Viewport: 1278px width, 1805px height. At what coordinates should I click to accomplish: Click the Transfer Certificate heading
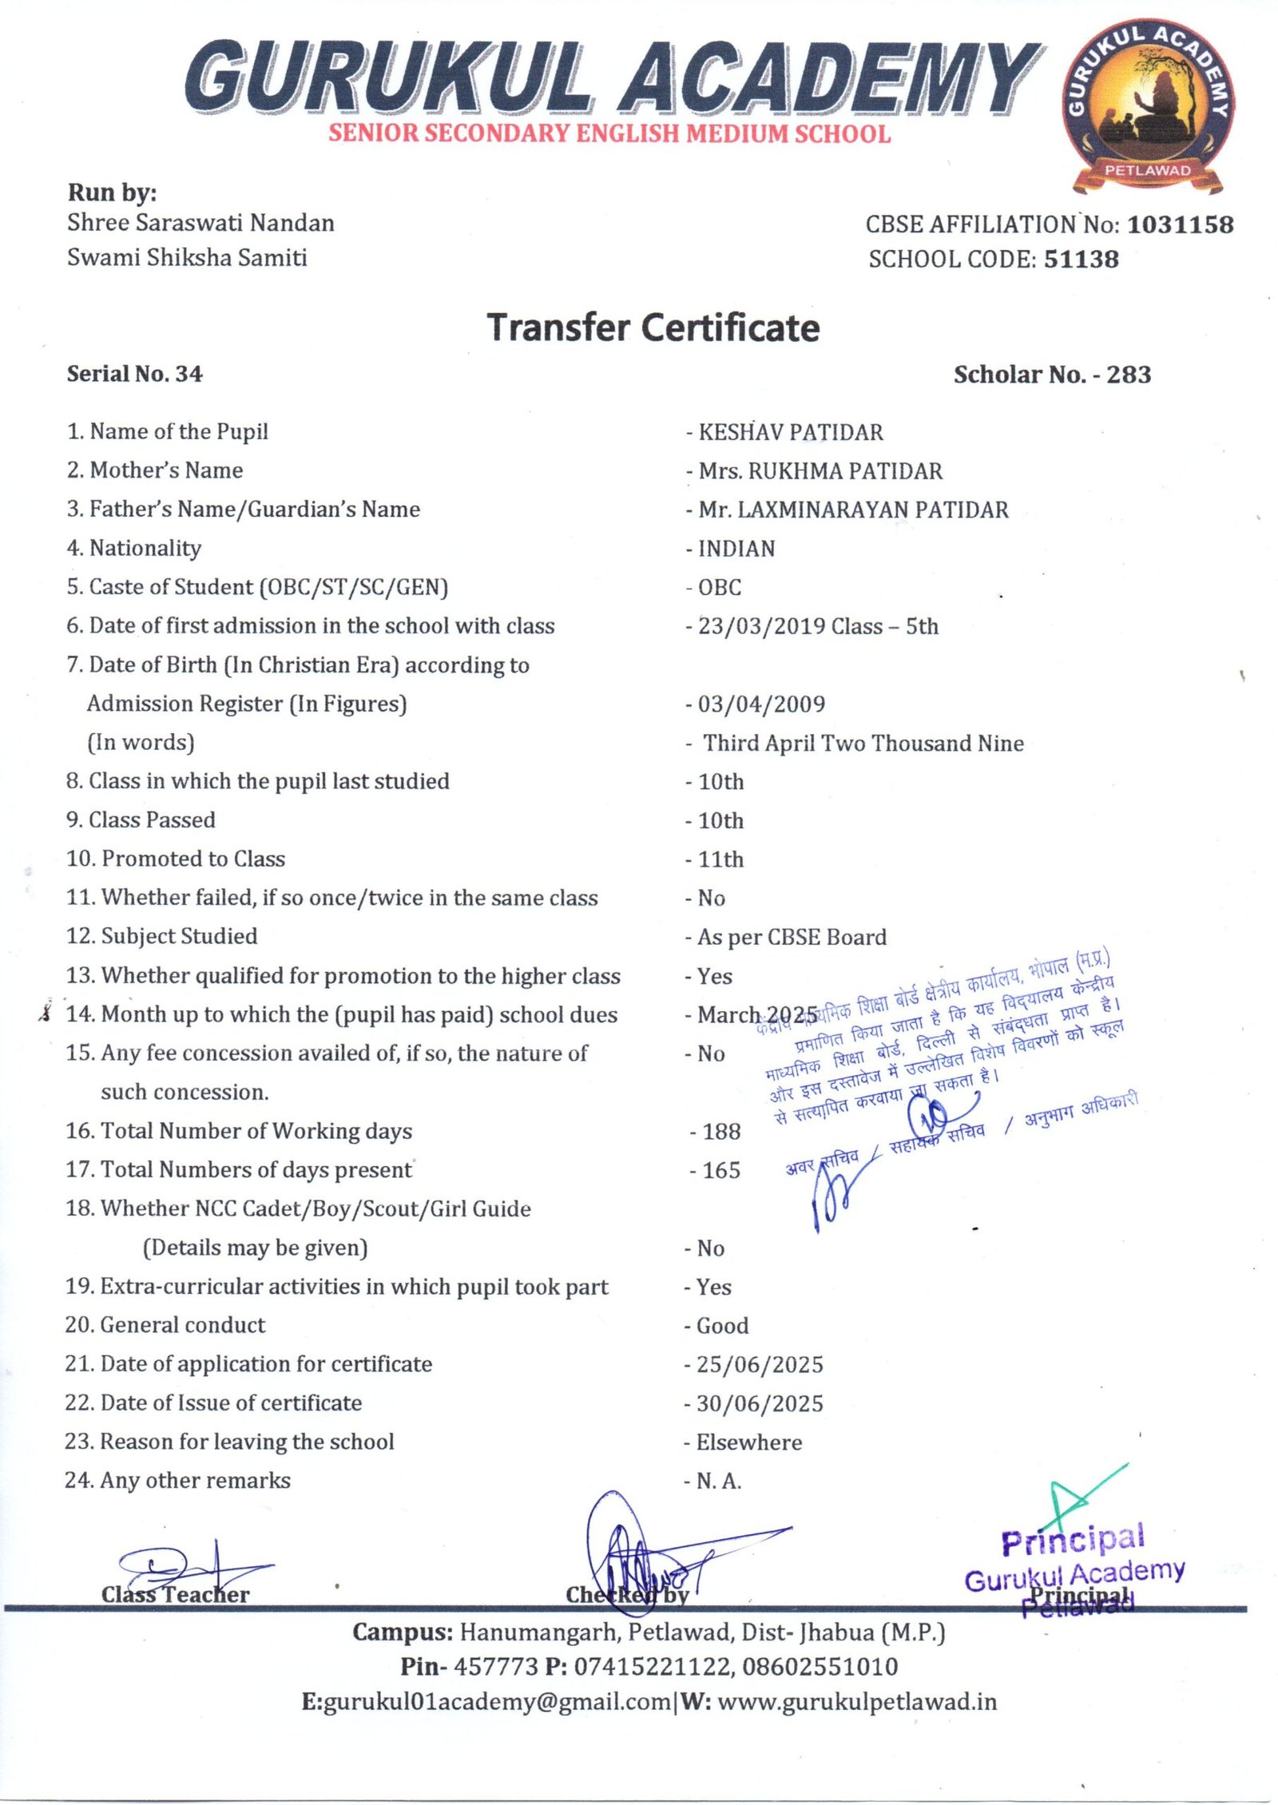(653, 328)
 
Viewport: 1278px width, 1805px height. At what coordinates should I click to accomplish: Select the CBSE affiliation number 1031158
(1180, 224)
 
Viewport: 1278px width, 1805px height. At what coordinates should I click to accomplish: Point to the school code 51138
(1081, 259)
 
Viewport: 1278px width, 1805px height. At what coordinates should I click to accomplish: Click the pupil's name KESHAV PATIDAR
(791, 432)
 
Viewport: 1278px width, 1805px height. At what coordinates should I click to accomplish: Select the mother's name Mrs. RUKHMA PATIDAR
(820, 471)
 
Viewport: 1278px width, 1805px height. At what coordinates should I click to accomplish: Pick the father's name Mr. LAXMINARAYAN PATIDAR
(853, 510)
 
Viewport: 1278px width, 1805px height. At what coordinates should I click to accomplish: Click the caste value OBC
(720, 587)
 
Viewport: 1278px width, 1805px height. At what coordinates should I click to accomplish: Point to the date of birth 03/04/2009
(761, 704)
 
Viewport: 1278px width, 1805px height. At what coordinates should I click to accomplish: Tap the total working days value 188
(721, 1131)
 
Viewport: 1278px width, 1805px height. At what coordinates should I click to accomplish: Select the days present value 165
(721, 1170)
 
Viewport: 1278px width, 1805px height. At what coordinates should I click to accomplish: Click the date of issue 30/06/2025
(759, 1403)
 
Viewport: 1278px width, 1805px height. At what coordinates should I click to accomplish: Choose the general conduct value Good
(722, 1326)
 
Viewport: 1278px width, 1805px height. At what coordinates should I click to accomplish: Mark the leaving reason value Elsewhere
(748, 1442)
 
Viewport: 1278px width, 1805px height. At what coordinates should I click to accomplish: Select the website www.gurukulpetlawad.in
(857, 1702)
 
